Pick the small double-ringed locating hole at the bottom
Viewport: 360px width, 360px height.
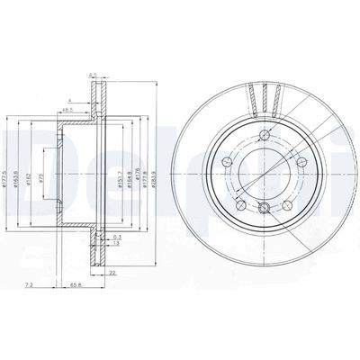263,209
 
